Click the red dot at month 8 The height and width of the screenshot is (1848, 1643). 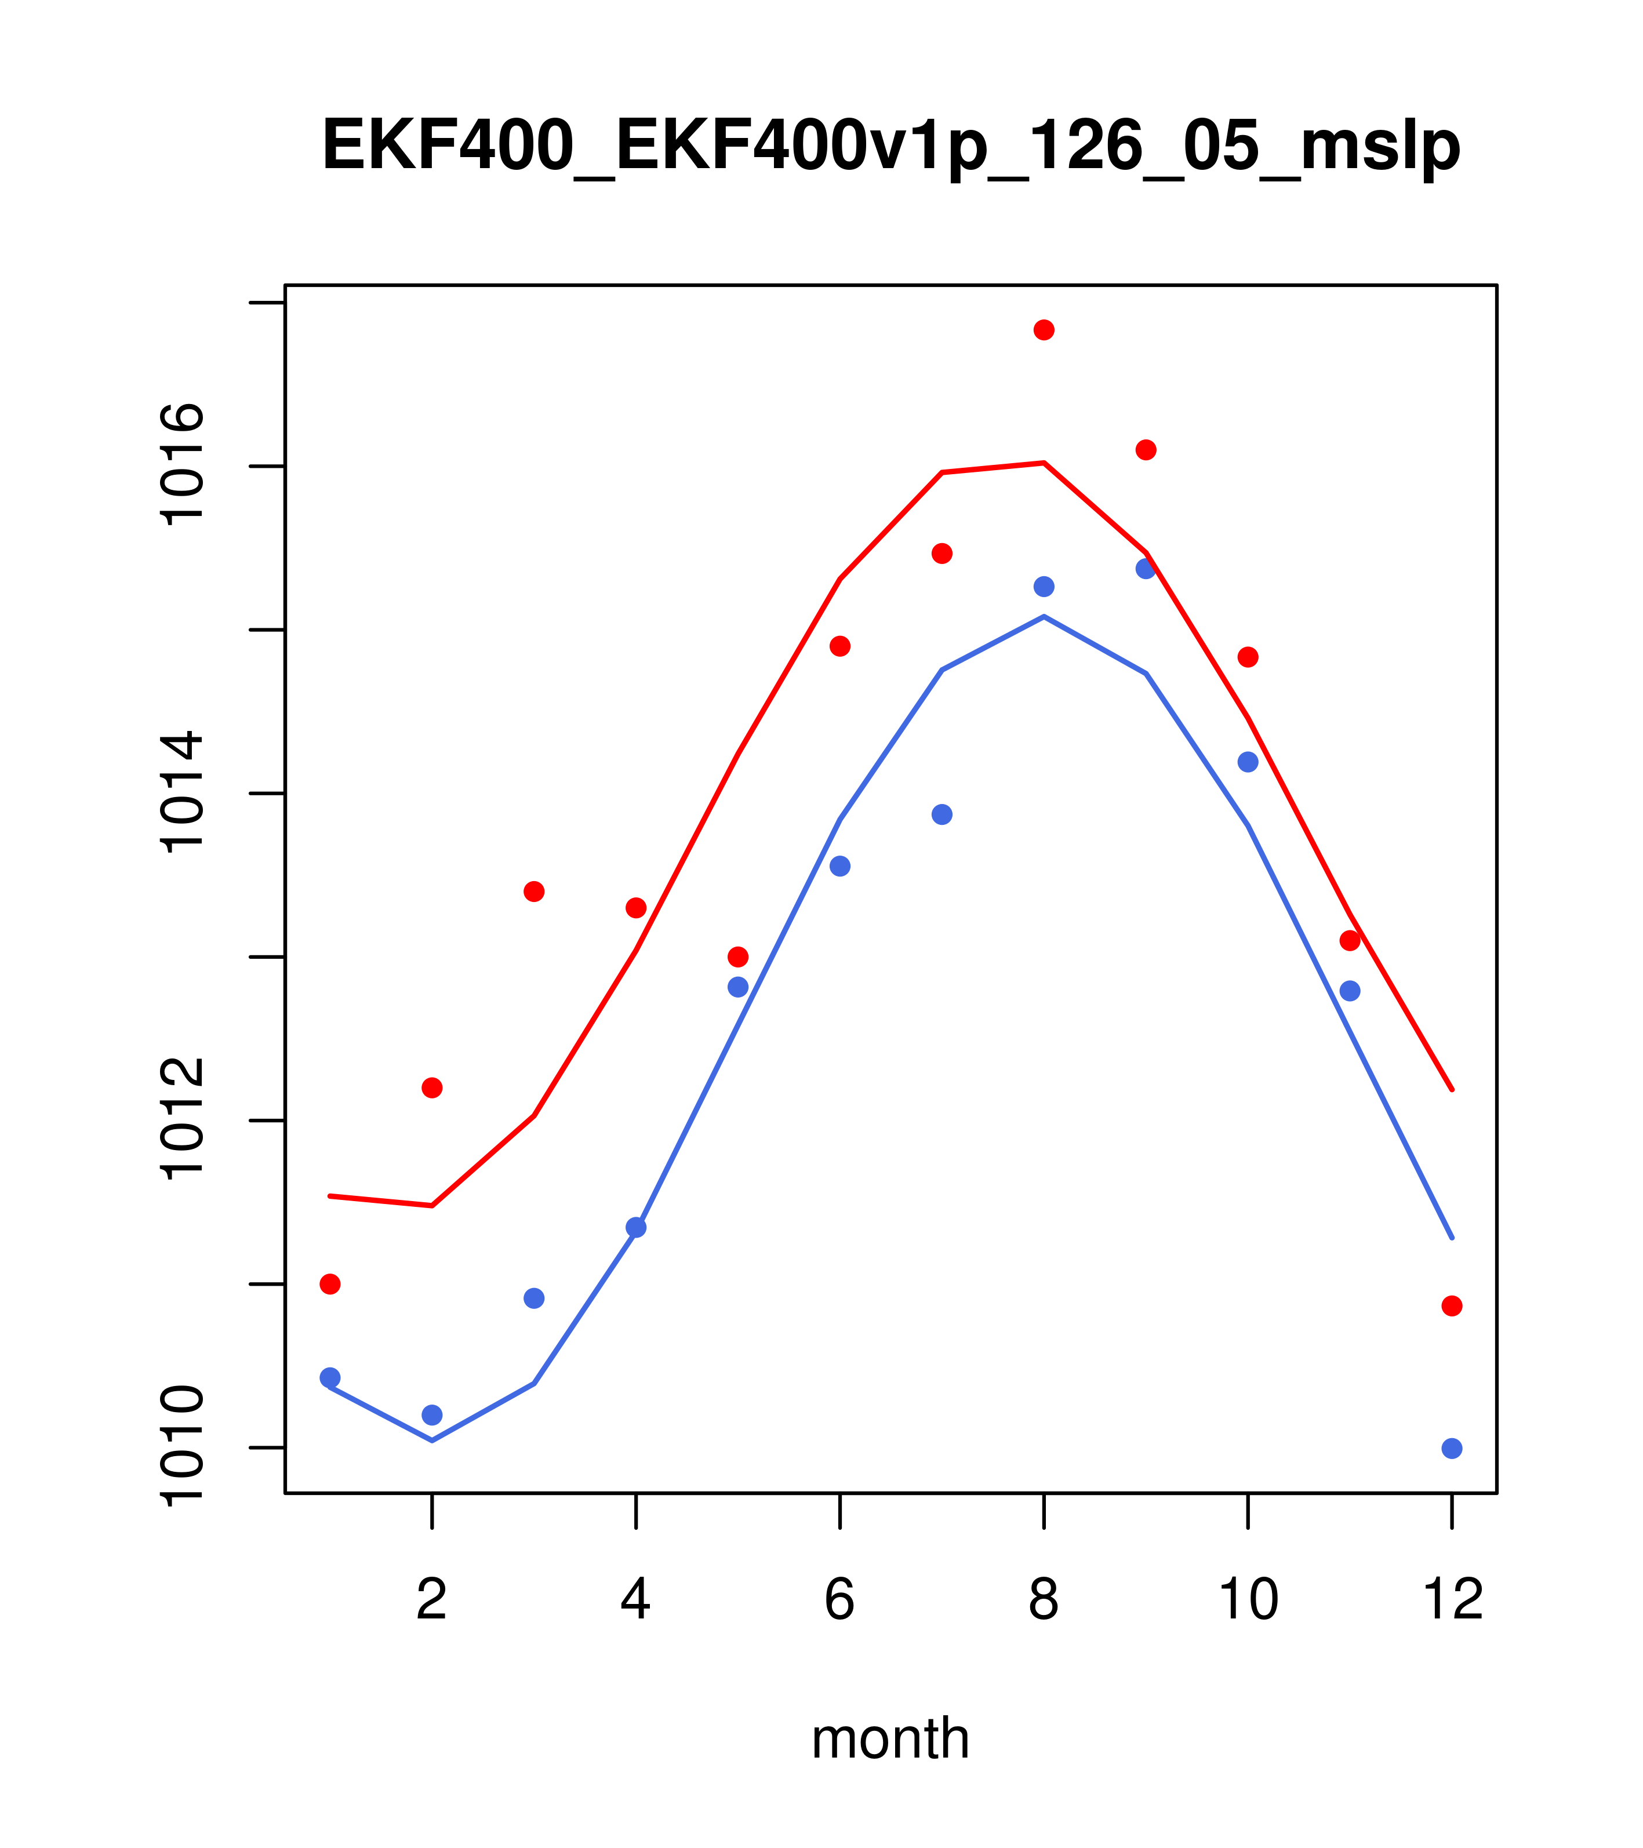click(x=1044, y=330)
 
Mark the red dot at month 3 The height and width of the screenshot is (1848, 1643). click(x=535, y=892)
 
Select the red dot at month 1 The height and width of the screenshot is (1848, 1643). click(x=330, y=1284)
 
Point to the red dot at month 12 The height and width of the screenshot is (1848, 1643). click(x=1452, y=1305)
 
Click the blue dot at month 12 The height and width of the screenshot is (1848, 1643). click(x=1452, y=1449)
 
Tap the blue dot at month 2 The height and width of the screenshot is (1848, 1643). click(x=432, y=1415)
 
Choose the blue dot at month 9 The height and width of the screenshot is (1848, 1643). click(x=1146, y=569)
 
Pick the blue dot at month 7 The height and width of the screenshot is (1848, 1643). click(x=942, y=814)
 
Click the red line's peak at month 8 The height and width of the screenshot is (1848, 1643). click(x=1044, y=463)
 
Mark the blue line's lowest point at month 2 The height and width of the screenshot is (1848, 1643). click(x=432, y=1440)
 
